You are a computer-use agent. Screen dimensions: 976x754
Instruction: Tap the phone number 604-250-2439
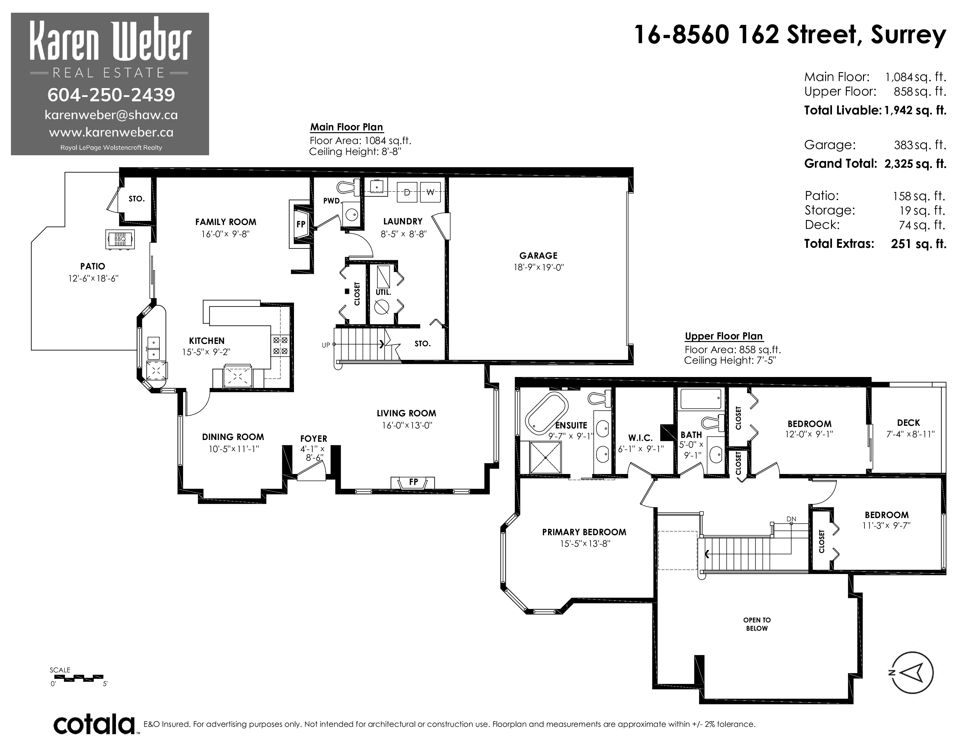(x=111, y=94)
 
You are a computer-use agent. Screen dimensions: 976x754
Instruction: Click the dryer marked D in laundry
(x=407, y=192)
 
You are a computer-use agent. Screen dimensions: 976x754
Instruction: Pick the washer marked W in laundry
(x=430, y=192)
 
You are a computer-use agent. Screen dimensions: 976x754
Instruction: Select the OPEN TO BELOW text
(x=757, y=624)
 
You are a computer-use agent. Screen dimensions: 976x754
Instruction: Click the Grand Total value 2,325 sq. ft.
(x=915, y=164)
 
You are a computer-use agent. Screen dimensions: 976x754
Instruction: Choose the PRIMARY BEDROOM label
(x=584, y=532)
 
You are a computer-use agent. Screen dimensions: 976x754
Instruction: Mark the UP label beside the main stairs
(x=326, y=345)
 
